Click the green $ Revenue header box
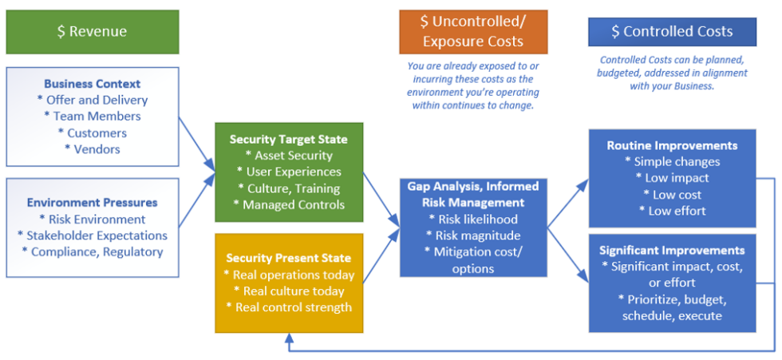[92, 32]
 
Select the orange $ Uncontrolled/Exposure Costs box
[473, 32]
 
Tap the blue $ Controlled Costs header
[672, 32]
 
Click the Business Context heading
[92, 84]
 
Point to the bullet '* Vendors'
[92, 149]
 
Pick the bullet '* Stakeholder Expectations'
[92, 235]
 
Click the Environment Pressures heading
[92, 203]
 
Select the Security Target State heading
[288, 140]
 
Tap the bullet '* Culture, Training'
[288, 188]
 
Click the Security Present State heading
[288, 258]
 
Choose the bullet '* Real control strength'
[288, 307]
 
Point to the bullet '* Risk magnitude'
[472, 235]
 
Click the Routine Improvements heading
[672, 145]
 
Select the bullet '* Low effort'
[672, 211]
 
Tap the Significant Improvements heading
[672, 250]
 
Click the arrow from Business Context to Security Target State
[196, 144]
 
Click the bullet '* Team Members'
[92, 117]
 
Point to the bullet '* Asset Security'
[288, 156]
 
